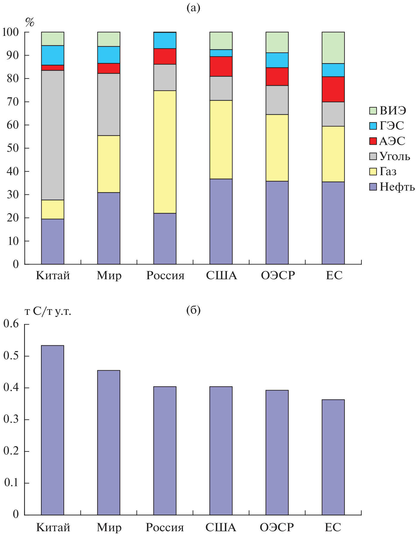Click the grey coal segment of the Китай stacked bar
(x=53, y=135)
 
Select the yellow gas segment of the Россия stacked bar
(x=165, y=152)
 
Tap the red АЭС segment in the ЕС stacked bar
(x=333, y=89)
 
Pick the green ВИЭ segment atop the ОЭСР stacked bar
(x=277, y=42)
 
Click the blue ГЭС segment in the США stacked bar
(x=221, y=53)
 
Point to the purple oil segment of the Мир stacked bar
(x=109, y=228)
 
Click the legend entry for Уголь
(x=390, y=156)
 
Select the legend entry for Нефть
(x=392, y=187)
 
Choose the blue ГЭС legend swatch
(x=373, y=126)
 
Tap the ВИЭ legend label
(x=393, y=111)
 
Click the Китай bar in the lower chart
(x=53, y=430)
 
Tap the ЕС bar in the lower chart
(x=333, y=457)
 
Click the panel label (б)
(x=193, y=310)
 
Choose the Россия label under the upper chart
(x=165, y=276)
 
